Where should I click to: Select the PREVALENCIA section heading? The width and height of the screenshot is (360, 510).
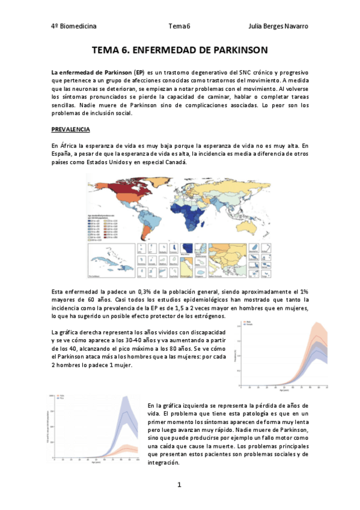pyautogui.click(x=70, y=129)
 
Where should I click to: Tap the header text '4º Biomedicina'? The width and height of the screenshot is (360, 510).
pyautogui.click(x=74, y=27)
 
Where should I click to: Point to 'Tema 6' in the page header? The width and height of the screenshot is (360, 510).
pyautogui.click(x=179, y=27)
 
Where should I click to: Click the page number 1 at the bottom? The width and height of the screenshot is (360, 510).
pyautogui.click(x=179, y=485)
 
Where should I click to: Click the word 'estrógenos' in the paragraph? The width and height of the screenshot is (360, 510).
pyautogui.click(x=207, y=316)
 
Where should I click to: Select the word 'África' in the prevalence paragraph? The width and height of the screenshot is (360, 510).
pyautogui.click(x=69, y=146)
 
